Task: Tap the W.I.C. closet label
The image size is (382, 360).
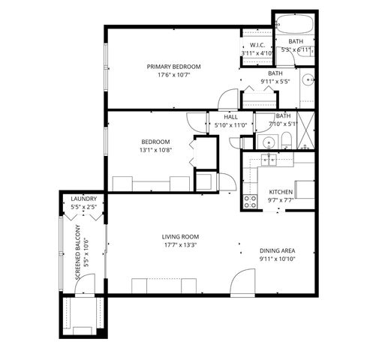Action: [256, 45]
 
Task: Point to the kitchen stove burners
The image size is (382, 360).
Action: [249, 200]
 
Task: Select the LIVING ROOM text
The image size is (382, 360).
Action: [179, 236]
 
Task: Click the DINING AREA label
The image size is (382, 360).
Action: [276, 250]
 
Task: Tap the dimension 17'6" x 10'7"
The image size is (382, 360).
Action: [174, 75]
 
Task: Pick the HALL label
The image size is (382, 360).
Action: [230, 117]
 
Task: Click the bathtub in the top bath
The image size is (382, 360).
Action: [299, 25]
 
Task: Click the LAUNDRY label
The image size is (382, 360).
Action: [84, 198]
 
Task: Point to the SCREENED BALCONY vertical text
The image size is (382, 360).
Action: [78, 252]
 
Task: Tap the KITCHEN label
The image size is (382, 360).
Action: [281, 191]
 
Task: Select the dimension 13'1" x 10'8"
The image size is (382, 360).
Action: [156, 150]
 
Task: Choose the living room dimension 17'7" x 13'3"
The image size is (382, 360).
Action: [180, 244]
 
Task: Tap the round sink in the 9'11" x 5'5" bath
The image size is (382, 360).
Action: [306, 80]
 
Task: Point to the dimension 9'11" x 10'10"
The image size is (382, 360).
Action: [276, 259]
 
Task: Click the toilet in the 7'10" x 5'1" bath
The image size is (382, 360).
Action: [287, 138]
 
